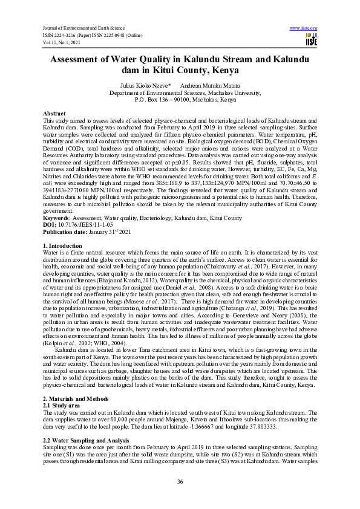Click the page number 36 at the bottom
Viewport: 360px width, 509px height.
click(x=180, y=481)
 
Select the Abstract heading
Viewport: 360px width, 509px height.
click(x=56, y=114)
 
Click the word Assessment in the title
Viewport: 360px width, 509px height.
click(x=83, y=59)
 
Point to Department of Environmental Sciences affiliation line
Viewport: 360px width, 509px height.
click(x=180, y=93)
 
